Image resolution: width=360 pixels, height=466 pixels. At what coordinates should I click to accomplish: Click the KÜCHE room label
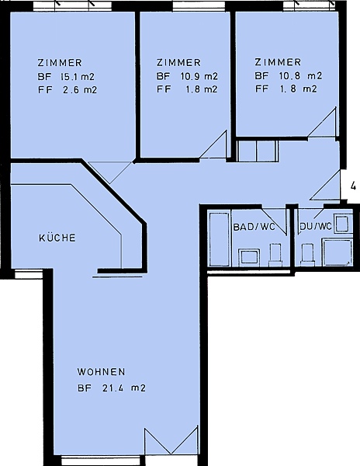point(57,238)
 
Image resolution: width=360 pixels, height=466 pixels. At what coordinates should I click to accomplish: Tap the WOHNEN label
point(101,372)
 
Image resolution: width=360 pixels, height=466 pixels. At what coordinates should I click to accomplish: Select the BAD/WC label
point(254,227)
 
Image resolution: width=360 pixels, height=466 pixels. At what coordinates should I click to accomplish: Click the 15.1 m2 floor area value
point(77,77)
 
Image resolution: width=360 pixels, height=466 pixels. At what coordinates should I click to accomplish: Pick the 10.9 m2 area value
point(199,76)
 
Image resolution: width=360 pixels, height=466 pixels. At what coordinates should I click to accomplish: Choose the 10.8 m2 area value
point(300,76)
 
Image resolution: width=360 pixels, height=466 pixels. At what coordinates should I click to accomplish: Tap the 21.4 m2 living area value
point(124,388)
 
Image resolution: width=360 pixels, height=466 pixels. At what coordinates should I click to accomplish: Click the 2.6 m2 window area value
point(80,90)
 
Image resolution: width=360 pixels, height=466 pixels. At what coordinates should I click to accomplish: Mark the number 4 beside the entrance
point(353,186)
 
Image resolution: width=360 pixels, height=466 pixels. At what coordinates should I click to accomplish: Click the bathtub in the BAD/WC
point(220,238)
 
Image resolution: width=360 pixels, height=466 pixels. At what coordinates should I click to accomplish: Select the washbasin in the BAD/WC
point(249,256)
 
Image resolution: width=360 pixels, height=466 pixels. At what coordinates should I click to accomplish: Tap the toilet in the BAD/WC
point(275,255)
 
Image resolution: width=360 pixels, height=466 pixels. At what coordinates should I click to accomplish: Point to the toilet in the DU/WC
point(307,254)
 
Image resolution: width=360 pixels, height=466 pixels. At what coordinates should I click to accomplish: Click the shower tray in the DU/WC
point(337,252)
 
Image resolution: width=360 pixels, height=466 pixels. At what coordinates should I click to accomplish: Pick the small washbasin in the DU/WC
point(342,224)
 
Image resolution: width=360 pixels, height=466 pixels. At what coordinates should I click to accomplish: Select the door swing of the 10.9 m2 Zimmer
point(213,144)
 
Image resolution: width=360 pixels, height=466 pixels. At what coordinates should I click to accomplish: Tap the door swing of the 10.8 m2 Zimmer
point(323,123)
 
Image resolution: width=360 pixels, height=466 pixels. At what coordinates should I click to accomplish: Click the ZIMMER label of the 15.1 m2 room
point(60,63)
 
